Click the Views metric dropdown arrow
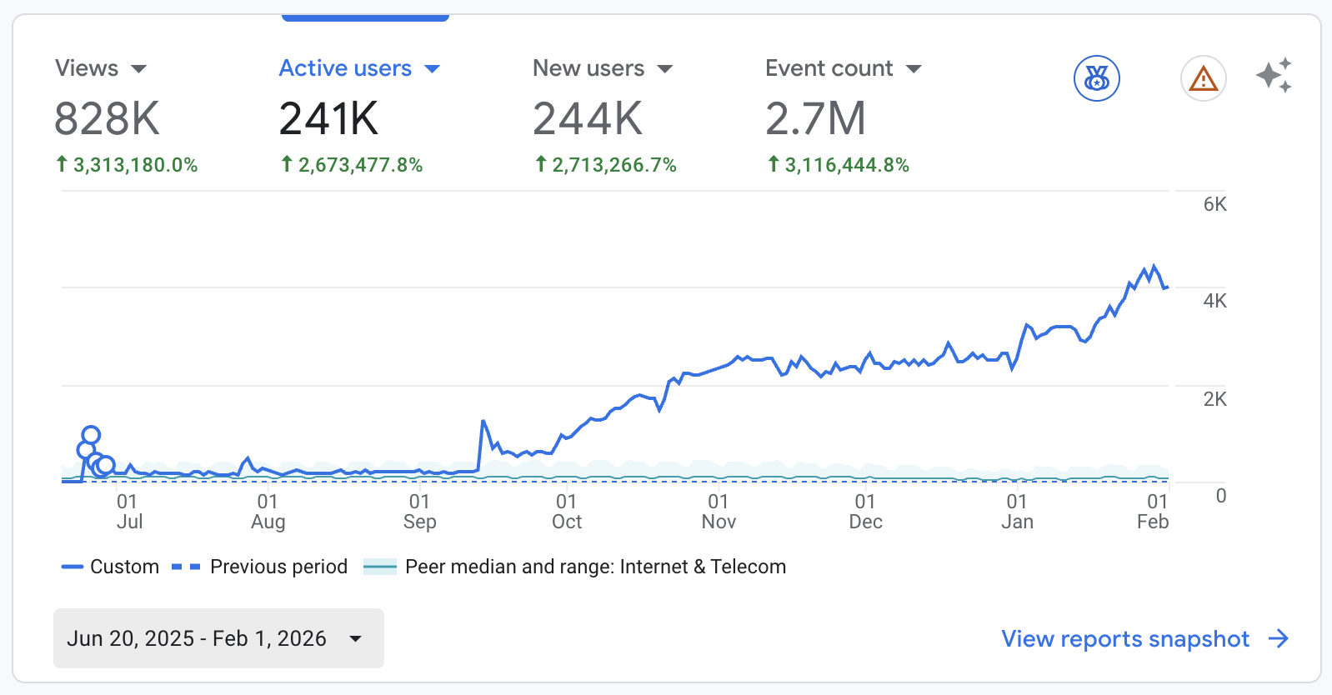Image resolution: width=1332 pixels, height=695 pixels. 139,69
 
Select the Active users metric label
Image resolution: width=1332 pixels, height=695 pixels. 345,68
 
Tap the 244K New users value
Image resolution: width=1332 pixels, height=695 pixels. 588,118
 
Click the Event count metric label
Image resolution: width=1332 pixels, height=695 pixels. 829,68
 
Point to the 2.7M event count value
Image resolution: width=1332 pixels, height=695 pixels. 815,118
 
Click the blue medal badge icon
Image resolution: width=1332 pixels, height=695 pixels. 1096,79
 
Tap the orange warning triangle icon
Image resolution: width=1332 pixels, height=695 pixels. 1203,79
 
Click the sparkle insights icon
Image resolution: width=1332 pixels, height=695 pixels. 1274,76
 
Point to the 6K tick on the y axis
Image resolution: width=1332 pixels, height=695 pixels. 1214,204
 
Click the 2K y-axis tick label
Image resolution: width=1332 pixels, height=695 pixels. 1214,399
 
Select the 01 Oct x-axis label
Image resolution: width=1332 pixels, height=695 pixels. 567,512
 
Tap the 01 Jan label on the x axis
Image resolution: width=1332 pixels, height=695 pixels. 1017,512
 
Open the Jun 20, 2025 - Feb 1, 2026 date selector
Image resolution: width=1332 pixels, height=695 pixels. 218,638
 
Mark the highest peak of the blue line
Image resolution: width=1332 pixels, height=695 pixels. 1154,267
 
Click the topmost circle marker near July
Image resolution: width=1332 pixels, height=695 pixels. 91,434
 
